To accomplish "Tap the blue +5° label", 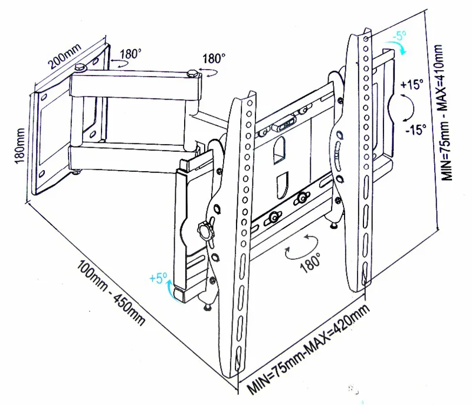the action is tap(159, 277).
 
